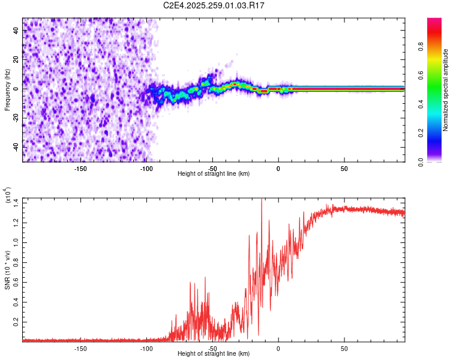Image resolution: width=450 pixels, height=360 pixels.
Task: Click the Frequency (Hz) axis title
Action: pyautogui.click(x=7, y=89)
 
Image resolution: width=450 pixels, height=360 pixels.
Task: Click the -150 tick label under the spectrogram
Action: pyautogui.click(x=80, y=168)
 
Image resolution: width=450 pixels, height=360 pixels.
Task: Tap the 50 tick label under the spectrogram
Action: pyautogui.click(x=344, y=168)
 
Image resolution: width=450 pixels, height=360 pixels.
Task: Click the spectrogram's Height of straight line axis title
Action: pyautogui.click(x=214, y=174)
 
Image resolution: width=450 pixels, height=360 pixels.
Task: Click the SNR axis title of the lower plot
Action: pyautogui.click(x=7, y=269)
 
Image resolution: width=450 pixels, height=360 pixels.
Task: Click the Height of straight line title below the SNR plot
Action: pyautogui.click(x=214, y=354)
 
